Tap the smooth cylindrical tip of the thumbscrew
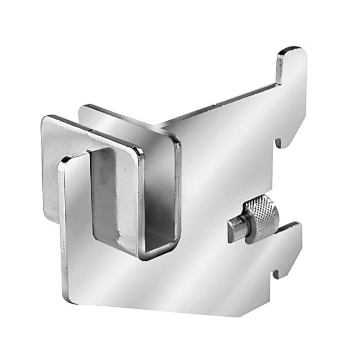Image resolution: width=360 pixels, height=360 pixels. (235, 229)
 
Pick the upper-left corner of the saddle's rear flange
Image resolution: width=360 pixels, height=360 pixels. (83, 107)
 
